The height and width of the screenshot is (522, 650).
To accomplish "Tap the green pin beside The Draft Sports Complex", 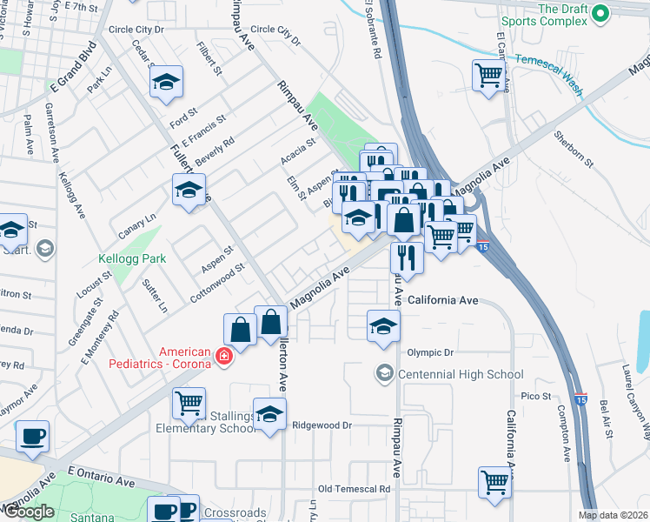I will point(599,14).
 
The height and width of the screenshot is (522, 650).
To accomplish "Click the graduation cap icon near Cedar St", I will point(166,83).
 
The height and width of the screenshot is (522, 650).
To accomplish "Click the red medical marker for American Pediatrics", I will point(223,357).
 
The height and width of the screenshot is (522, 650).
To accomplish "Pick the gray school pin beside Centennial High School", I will point(383,373).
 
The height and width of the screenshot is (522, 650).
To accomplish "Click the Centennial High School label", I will point(460,374).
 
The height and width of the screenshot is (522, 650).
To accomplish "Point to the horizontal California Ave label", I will point(443,300).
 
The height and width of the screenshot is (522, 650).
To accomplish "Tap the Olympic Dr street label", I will point(430,352).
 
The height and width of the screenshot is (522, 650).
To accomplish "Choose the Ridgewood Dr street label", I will point(321,425).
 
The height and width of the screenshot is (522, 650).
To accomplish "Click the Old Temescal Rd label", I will point(354,490).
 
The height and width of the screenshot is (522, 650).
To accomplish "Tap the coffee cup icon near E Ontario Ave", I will point(33,435).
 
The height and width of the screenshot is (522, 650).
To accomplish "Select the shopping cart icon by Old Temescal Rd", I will point(494,481).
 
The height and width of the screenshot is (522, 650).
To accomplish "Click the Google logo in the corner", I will point(29,512).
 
